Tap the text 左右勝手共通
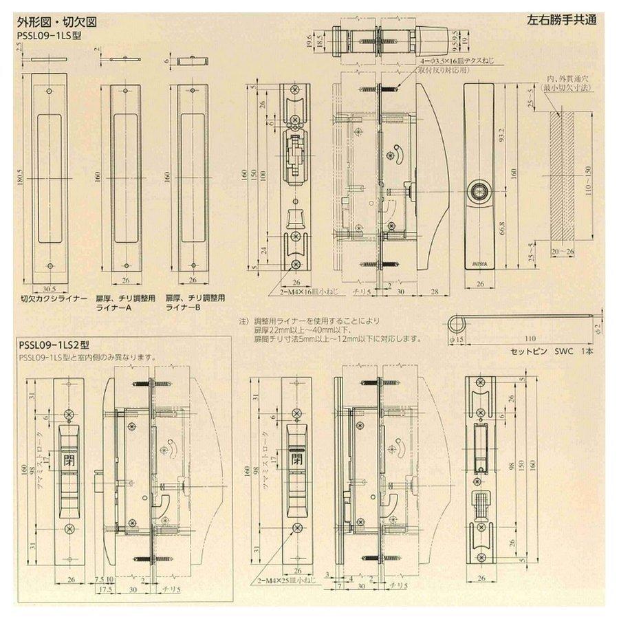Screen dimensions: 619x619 click(x=563, y=19)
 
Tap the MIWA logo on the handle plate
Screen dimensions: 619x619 click(x=479, y=262)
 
